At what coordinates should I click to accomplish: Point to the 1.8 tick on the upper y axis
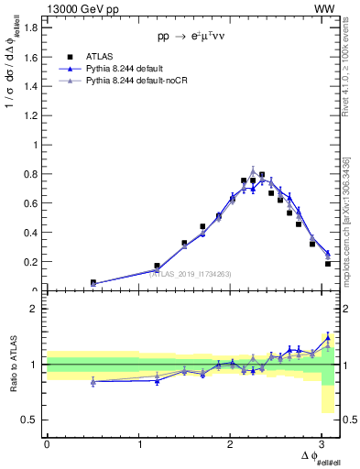32,27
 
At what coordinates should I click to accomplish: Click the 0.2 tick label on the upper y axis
32,262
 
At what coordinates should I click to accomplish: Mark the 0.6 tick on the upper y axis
32,203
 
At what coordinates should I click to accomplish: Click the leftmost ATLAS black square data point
93,283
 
